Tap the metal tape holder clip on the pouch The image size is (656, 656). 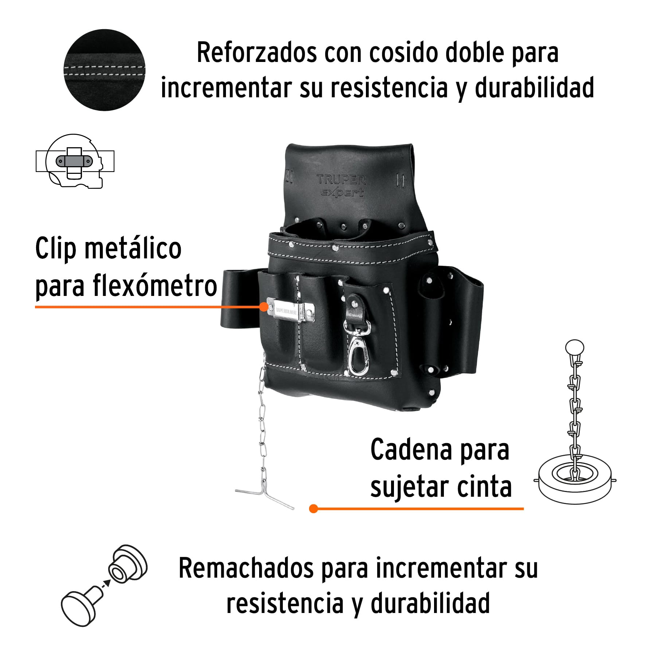[290, 310]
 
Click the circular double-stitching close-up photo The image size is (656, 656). [105, 70]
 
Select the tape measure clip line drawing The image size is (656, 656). [75, 161]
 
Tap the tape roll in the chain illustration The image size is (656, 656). [575, 480]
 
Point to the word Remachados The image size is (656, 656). [246, 569]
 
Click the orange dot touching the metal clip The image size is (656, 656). [264, 307]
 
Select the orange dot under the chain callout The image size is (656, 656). [313, 509]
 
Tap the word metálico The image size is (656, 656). [133, 248]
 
